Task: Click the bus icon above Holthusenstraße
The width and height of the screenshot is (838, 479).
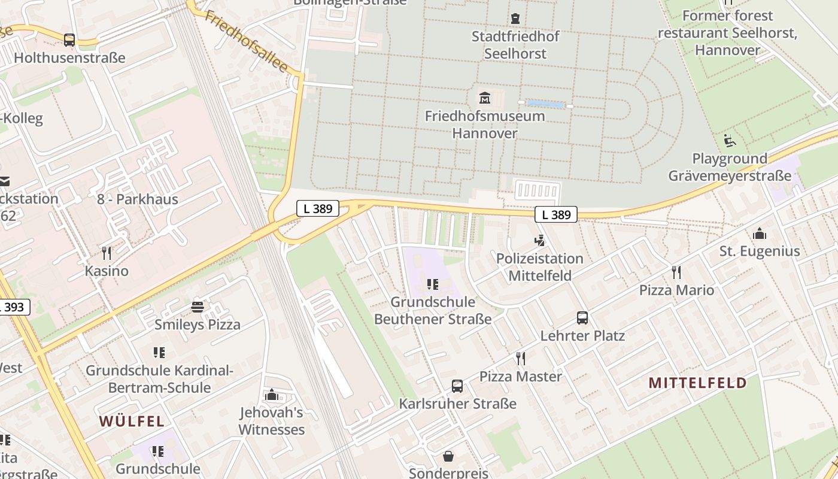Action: (x=69, y=40)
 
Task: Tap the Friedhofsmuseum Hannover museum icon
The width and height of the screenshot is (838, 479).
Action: (x=484, y=98)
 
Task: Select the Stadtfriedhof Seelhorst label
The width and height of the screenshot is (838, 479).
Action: (x=515, y=45)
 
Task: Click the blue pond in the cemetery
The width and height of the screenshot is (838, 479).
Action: (x=546, y=105)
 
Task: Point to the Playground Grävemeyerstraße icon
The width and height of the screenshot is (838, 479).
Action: (x=730, y=141)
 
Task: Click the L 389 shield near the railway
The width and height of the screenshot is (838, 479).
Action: (x=318, y=208)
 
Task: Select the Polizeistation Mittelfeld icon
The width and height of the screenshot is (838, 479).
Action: (x=539, y=241)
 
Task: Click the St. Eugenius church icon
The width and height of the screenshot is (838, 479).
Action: (x=759, y=233)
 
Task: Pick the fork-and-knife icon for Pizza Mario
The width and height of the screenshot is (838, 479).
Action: (x=676, y=272)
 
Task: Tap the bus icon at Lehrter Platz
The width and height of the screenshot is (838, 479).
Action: (x=582, y=318)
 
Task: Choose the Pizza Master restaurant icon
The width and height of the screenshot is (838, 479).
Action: (x=521, y=359)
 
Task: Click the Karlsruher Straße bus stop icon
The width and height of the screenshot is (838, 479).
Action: (x=457, y=386)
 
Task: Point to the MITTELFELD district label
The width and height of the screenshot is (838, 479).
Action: (x=698, y=383)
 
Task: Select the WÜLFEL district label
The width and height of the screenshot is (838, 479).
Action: (x=132, y=421)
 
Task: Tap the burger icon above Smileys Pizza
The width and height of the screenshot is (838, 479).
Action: (x=198, y=307)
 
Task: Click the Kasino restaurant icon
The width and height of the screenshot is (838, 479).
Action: (x=107, y=253)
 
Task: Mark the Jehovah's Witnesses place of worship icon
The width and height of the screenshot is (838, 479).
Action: (x=272, y=395)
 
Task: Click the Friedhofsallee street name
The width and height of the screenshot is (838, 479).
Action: (x=246, y=40)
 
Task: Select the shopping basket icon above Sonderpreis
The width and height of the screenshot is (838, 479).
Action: (x=448, y=456)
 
